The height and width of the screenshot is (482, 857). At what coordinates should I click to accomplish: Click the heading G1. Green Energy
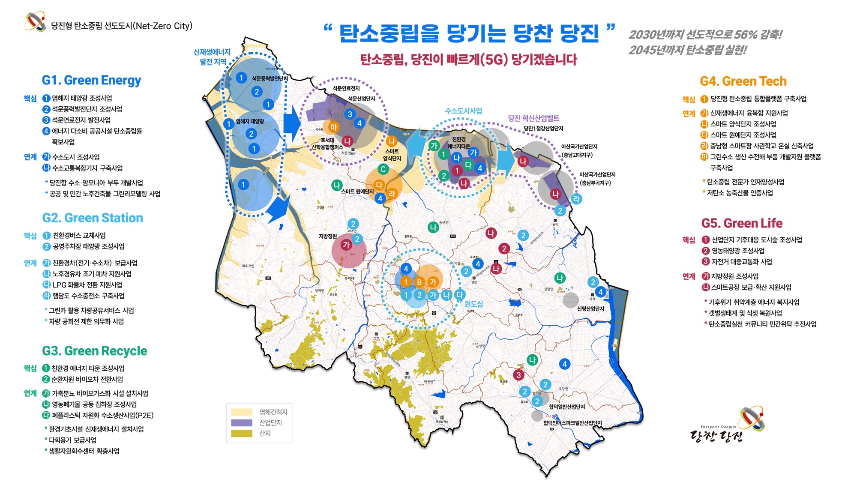pyautogui.click(x=91, y=81)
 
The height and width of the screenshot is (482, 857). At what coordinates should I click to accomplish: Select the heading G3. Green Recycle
pyautogui.click(x=94, y=351)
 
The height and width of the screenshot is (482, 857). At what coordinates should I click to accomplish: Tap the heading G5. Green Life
pyautogui.click(x=742, y=223)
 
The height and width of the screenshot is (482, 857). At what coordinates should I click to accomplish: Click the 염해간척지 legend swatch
pyautogui.click(x=242, y=412)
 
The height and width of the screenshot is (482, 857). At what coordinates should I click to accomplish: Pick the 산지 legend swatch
pyautogui.click(x=242, y=434)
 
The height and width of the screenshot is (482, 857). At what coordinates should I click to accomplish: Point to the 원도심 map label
pyautogui.click(x=473, y=304)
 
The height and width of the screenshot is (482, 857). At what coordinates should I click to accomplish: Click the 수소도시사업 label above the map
pyautogui.click(x=463, y=111)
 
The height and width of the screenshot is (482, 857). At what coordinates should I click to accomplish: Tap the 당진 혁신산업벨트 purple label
pyautogui.click(x=533, y=118)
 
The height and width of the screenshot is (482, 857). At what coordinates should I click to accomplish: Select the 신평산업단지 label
pyautogui.click(x=590, y=308)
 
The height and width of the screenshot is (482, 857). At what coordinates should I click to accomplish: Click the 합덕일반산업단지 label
pyautogui.click(x=566, y=407)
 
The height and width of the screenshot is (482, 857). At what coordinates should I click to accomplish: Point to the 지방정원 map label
pyautogui.click(x=328, y=236)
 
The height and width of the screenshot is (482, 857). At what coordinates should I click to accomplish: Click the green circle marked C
pyautogui.click(x=383, y=169)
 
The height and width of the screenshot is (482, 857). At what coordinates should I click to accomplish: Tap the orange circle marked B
pyautogui.click(x=420, y=282)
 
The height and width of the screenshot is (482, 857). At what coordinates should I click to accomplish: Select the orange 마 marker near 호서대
pyautogui.click(x=333, y=127)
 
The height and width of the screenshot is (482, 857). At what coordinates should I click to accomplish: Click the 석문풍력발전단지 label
pyautogui.click(x=270, y=78)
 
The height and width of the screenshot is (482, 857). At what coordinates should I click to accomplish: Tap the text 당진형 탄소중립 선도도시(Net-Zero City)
pyautogui.click(x=122, y=26)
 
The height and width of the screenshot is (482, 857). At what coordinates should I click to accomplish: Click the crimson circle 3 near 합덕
pyautogui.click(x=518, y=375)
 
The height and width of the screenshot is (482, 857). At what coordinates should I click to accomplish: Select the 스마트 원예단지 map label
pyautogui.click(x=357, y=192)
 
